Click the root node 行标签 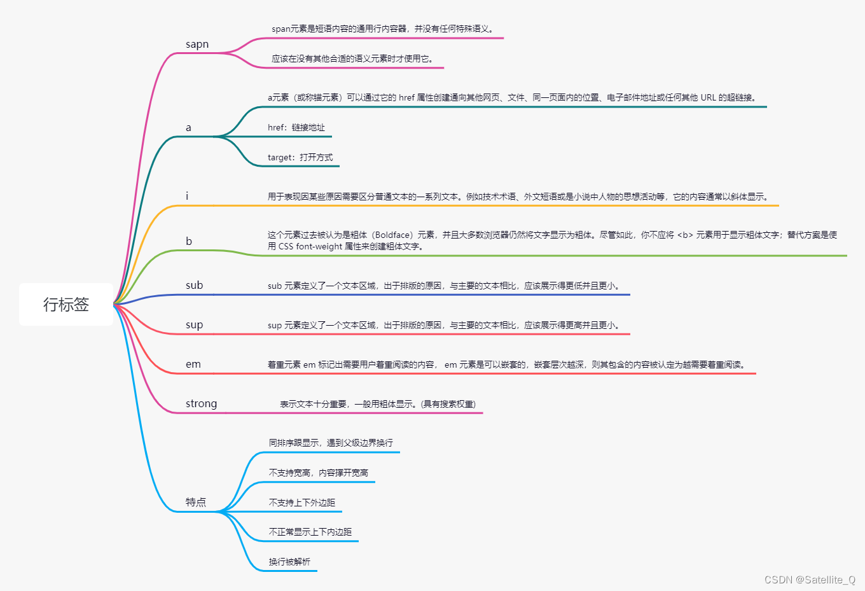(x=66, y=305)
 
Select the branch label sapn (x=197, y=45)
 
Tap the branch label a (x=188, y=128)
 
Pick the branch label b (x=189, y=241)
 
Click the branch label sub (x=195, y=286)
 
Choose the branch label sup (x=195, y=325)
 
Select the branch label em (x=193, y=365)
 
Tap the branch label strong (x=201, y=404)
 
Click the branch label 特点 (x=196, y=502)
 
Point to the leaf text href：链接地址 (x=296, y=128)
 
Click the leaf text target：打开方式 (x=300, y=158)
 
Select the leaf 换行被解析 (x=289, y=562)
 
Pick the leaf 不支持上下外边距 (x=302, y=503)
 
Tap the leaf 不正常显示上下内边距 (x=310, y=532)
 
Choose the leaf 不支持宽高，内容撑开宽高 (x=319, y=473)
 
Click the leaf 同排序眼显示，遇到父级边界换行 (x=331, y=443)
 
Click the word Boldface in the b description (x=394, y=235)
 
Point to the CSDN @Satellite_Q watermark (x=810, y=580)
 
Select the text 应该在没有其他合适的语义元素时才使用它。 (x=352, y=59)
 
